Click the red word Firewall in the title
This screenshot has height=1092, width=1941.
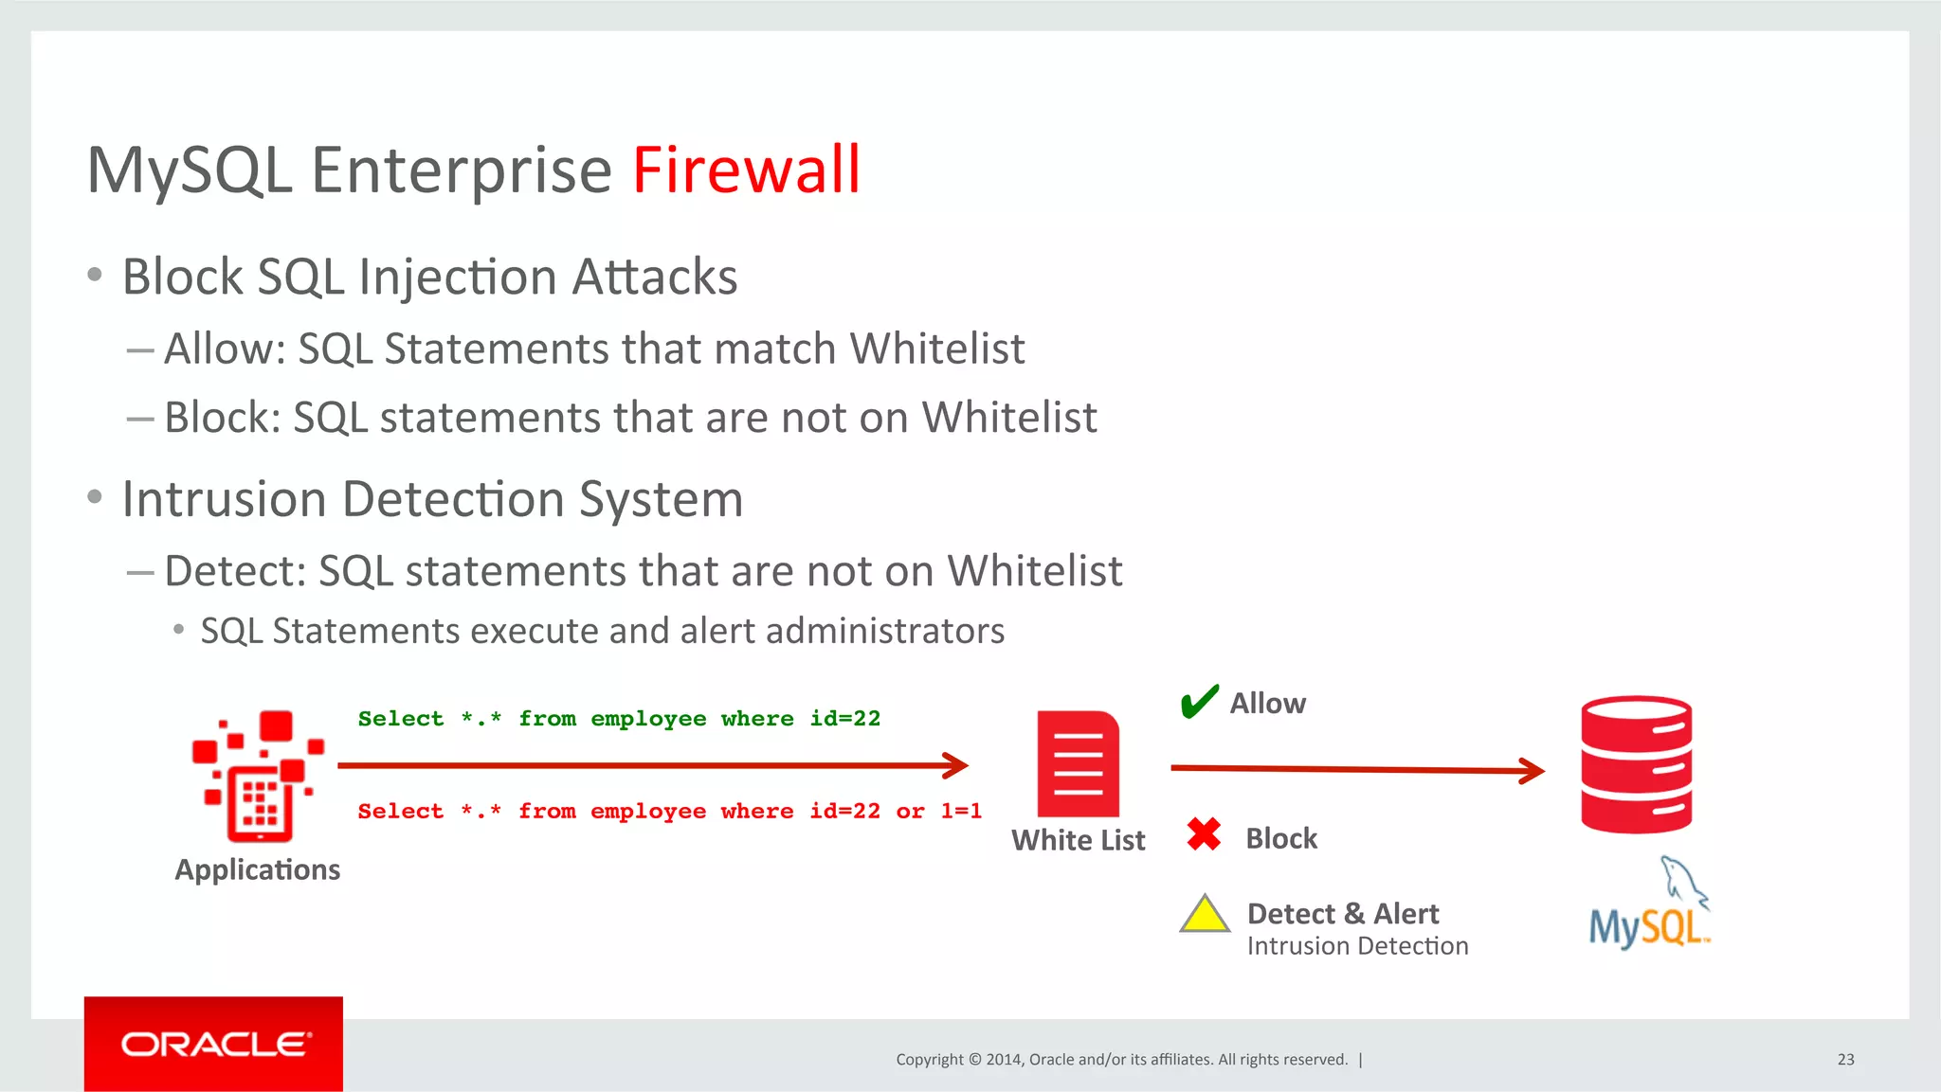pos(746,170)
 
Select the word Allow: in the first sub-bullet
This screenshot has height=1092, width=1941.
pos(225,349)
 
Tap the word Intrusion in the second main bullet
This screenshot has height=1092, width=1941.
pos(224,499)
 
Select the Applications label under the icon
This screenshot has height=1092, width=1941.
pos(257,869)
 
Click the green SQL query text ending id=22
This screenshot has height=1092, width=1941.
pos(619,719)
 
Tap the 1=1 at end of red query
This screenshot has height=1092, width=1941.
pos(961,812)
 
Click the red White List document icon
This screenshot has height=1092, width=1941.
pos(1078,763)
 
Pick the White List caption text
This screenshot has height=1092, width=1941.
pos(1078,840)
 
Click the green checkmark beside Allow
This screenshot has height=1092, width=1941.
pos(1199,702)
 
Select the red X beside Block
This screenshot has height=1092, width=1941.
pos(1204,834)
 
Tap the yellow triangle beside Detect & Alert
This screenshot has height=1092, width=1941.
pos(1205,915)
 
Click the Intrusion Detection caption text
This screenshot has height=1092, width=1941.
pos(1357,946)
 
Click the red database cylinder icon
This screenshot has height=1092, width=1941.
pos(1636,765)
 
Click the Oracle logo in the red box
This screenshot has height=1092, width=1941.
pos(214,1044)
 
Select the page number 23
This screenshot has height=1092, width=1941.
pos(1845,1059)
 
